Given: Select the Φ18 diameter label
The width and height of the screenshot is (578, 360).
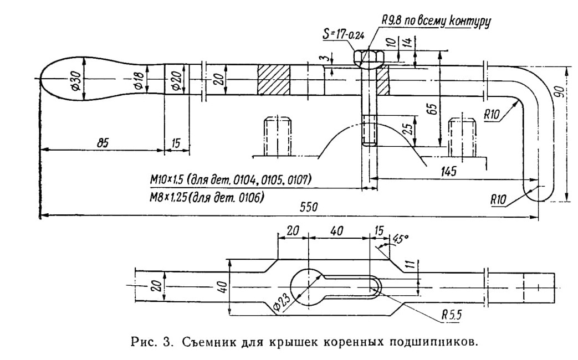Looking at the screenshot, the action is pyautogui.click(x=139, y=80).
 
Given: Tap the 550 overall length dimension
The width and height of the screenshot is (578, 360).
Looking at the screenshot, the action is pyautogui.click(x=308, y=207).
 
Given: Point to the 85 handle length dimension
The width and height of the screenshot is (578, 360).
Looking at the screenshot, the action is pyautogui.click(x=103, y=142).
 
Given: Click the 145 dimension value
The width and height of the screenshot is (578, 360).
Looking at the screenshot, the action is pyautogui.click(x=448, y=171).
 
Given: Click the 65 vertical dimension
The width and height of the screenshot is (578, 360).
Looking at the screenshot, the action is pyautogui.click(x=433, y=108).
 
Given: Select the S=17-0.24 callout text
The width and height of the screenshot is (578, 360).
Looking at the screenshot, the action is pyautogui.click(x=343, y=34).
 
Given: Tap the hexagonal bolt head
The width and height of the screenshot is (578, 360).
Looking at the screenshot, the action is pyautogui.click(x=369, y=56).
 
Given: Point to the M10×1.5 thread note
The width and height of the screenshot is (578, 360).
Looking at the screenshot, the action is pyautogui.click(x=231, y=179).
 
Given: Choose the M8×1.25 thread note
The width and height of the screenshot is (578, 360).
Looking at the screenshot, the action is pyautogui.click(x=207, y=198).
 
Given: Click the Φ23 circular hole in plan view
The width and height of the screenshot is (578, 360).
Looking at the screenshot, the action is pyautogui.click(x=307, y=287).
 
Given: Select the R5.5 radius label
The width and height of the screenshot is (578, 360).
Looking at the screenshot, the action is pyautogui.click(x=452, y=315).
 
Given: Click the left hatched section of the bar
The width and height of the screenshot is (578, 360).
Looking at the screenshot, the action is pyautogui.click(x=274, y=80).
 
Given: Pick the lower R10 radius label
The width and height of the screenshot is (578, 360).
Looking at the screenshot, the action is pyautogui.click(x=498, y=200).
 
